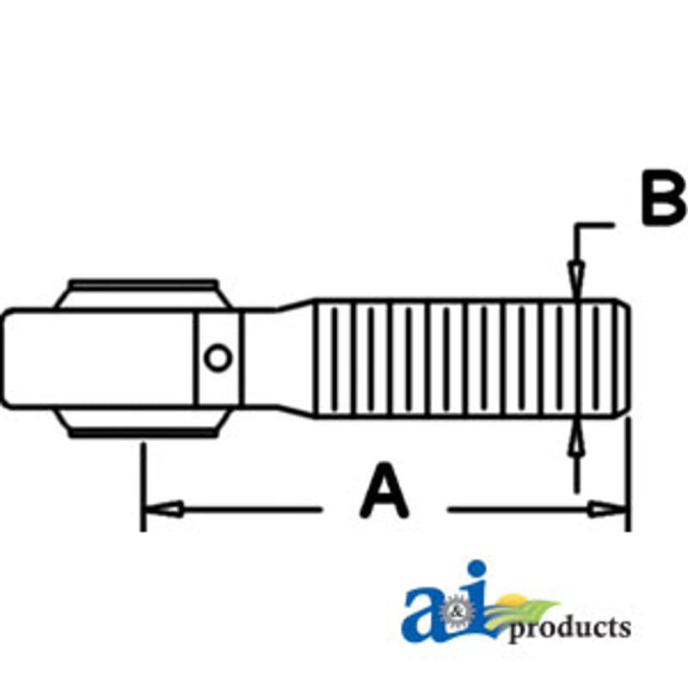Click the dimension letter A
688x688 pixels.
(x=384, y=490)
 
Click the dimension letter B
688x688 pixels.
(x=664, y=199)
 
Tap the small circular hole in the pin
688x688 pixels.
(x=218, y=358)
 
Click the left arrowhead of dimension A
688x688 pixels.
(x=163, y=509)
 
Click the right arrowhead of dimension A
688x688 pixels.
(x=607, y=509)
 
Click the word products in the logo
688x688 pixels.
(x=569, y=629)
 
